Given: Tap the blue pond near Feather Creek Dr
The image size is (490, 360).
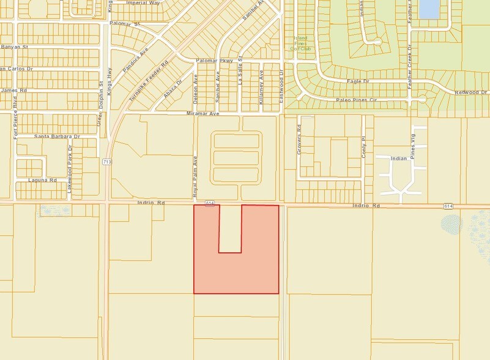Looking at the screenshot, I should pos(430,9).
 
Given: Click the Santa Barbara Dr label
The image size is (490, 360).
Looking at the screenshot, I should pos(58,135).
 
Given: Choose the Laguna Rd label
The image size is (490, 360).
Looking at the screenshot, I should pos(42,181).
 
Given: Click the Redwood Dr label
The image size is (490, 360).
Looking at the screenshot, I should pos(472,92).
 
